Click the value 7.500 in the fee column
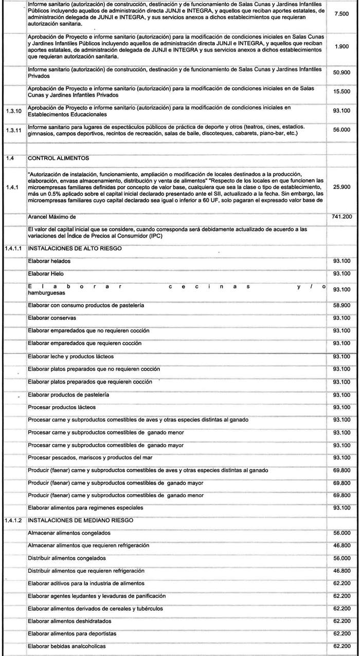point(341,14)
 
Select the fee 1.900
point(341,46)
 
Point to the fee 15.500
point(341,92)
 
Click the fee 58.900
point(341,305)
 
